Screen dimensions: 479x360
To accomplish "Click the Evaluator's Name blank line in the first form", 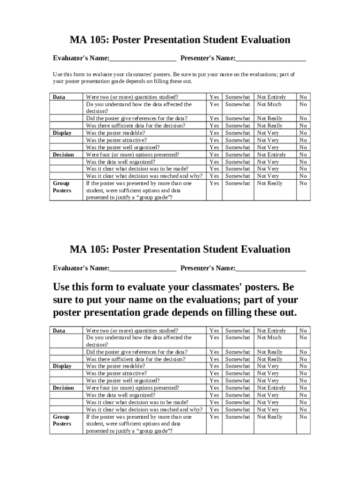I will [x=143, y=59].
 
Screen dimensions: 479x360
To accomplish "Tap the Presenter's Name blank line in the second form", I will [x=271, y=269].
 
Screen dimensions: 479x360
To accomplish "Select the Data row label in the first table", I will [x=59, y=97].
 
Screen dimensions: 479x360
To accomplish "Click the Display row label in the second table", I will [x=62, y=366].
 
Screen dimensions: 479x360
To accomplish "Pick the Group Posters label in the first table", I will [x=62, y=187].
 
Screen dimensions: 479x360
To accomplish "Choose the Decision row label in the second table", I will [x=63, y=388].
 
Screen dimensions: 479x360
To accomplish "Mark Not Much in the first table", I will [x=269, y=104].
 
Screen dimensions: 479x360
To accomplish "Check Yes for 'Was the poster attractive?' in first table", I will [x=214, y=140].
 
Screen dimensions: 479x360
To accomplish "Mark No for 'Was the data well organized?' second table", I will [x=303, y=395].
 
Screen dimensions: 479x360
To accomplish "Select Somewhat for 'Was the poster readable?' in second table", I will [x=238, y=366].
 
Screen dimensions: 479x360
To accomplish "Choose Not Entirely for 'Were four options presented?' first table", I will [x=271, y=155].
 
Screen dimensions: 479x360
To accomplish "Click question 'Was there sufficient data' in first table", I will [x=136, y=126].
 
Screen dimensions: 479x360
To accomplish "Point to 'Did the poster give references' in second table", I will [x=137, y=352].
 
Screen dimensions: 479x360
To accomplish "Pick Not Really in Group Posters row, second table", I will [x=270, y=417].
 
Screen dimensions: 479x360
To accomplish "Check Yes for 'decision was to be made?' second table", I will [x=214, y=402].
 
